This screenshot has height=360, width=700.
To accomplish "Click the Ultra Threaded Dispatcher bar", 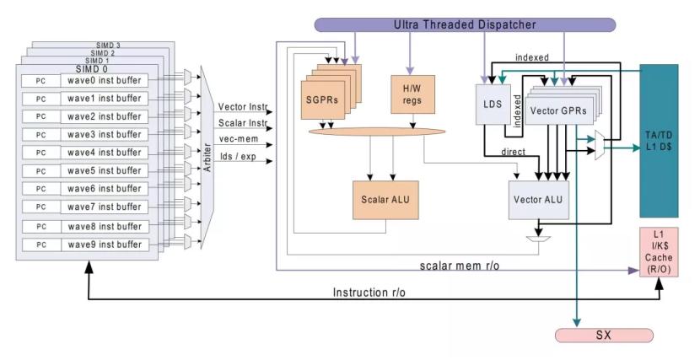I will (465, 25).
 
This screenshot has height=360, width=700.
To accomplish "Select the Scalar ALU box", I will (385, 199).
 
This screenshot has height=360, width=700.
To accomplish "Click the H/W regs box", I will (412, 95).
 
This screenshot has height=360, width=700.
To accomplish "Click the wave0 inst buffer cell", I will (105, 81).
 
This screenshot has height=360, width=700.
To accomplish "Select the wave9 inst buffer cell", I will (105, 244).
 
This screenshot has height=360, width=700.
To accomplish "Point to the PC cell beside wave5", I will (40, 171).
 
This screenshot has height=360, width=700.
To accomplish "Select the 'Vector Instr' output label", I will (242, 107).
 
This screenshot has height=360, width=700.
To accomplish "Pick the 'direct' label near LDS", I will (513, 153).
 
